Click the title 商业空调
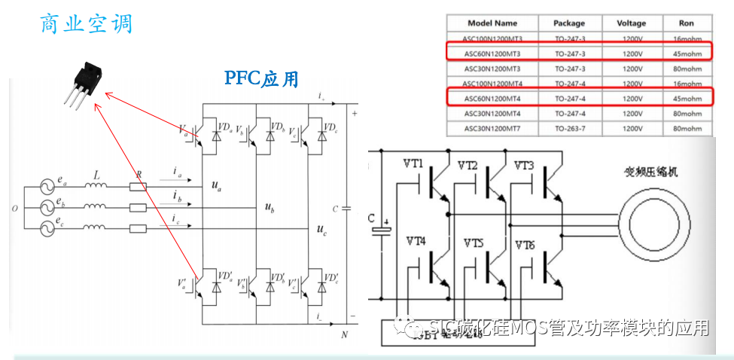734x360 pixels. pos(86,23)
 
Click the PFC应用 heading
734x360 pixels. pos(261,78)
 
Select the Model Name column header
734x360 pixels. pos(492,23)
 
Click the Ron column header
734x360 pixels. pos(685,23)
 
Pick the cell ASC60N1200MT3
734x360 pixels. pos(492,53)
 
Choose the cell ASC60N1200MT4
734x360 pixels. pos(492,98)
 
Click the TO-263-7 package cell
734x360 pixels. pos(574,128)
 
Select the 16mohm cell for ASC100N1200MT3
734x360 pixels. pos(685,38)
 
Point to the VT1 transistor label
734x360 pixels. pos(414,164)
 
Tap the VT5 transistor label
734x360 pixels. pos(474,243)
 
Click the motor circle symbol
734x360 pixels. pos(656,223)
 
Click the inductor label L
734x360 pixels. pos(96,175)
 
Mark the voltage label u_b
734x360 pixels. pos(270,206)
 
